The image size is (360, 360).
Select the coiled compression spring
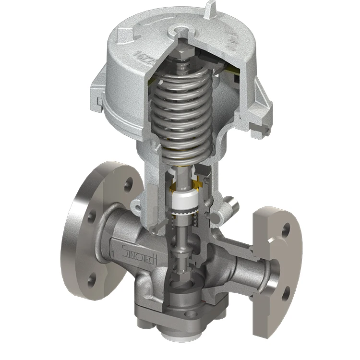coord(180,115)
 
